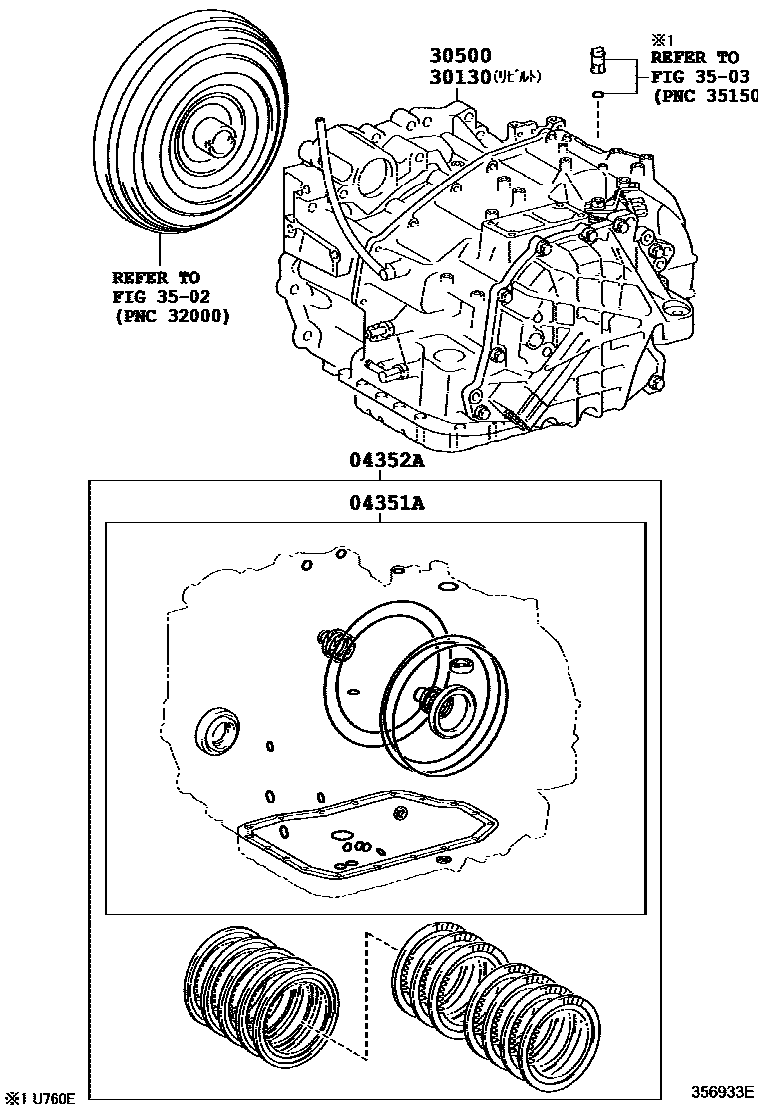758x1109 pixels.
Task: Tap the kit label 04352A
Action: [x=387, y=461]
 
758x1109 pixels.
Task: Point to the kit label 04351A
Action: [x=387, y=504]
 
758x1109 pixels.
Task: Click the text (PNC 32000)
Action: [x=171, y=317]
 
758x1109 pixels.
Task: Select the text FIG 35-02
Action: [x=158, y=297]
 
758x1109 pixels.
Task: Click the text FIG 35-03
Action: [x=695, y=77]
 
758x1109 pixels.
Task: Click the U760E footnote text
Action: [x=40, y=1098]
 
